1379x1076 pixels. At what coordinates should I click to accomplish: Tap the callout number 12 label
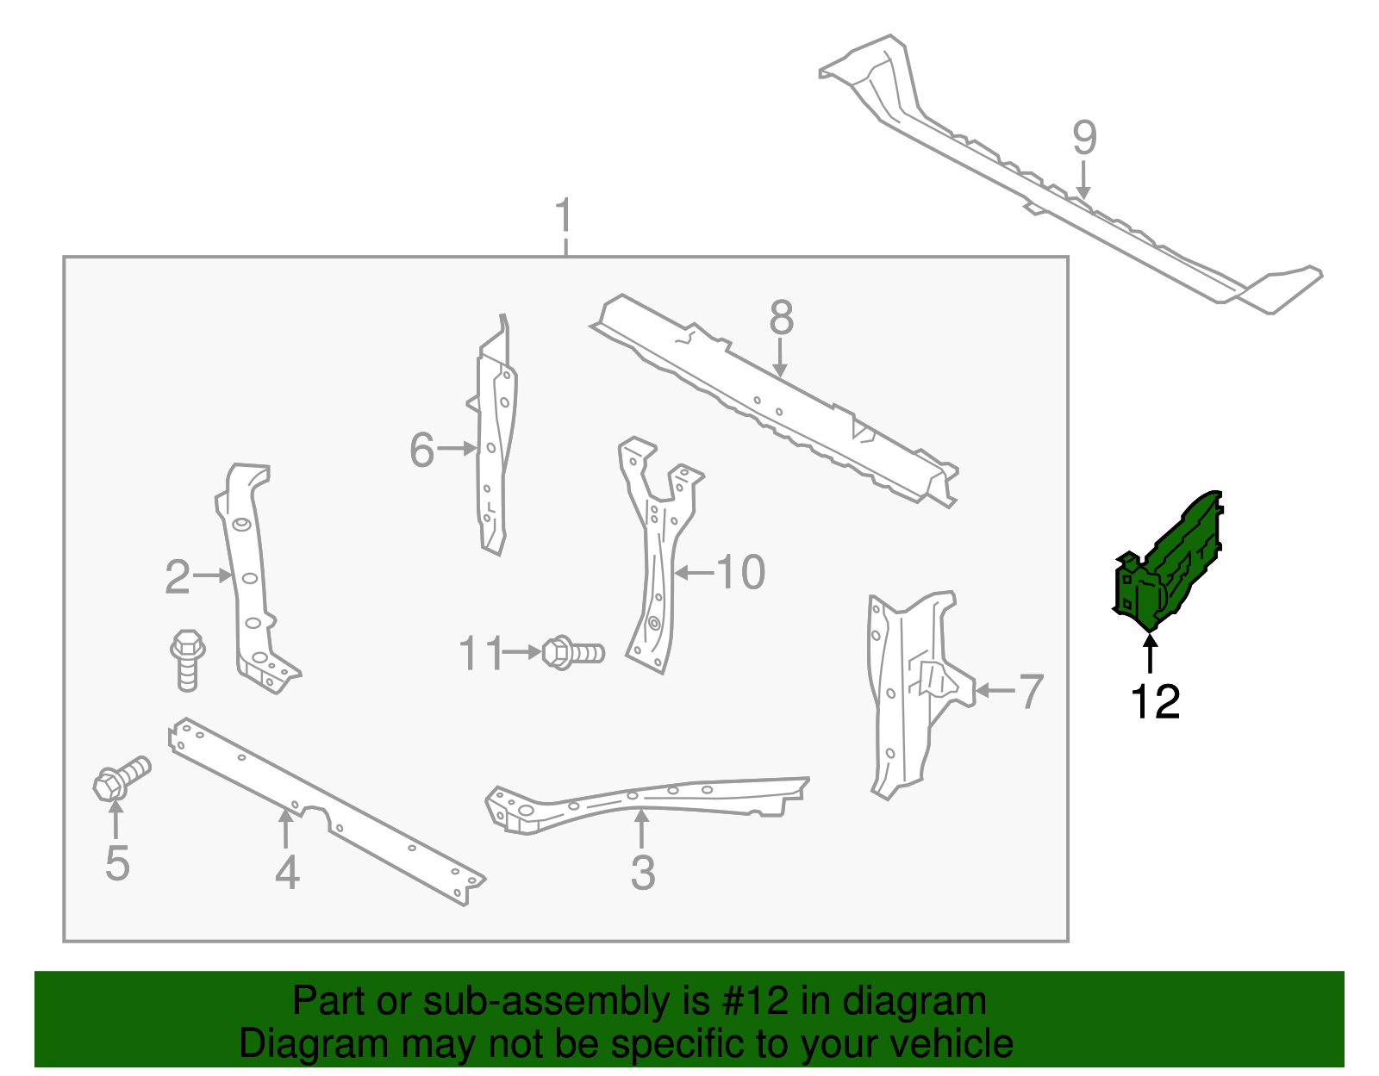pos(1155,702)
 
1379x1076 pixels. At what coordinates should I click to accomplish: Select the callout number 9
pos(1084,138)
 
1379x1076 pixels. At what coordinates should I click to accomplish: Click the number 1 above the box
pos(565,215)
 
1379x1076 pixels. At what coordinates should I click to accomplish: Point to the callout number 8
pos(781,317)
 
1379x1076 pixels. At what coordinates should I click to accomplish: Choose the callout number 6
pos(421,450)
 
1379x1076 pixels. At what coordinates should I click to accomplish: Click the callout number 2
pos(177,576)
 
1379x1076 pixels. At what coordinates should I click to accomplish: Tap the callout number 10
pos(740,572)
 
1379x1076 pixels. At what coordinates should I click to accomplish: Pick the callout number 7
pos(1032,691)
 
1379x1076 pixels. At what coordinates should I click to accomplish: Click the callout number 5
pos(117,863)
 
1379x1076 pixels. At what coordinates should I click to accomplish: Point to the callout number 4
pos(287,873)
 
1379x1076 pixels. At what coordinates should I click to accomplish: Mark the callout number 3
pos(642,873)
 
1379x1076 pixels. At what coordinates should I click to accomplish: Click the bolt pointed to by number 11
pos(573,652)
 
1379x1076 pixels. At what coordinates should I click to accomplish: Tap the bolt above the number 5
pos(122,779)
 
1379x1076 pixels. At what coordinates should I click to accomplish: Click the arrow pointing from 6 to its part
pos(456,449)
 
